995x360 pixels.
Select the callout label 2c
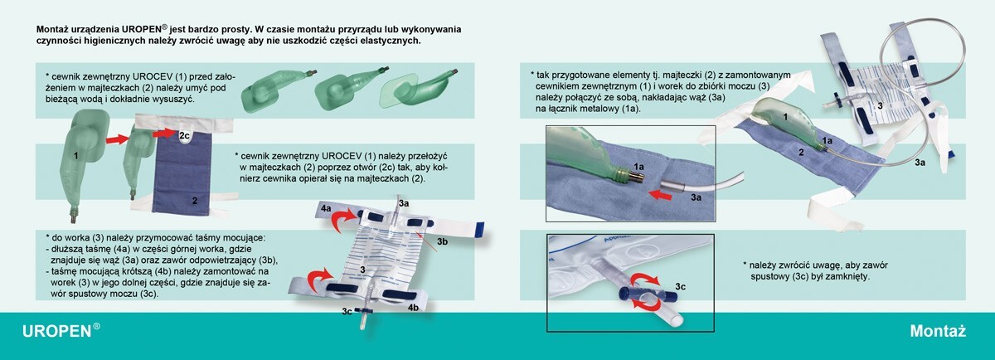click(185, 134)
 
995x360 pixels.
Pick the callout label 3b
click(443, 241)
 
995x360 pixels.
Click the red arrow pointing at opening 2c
click(165, 133)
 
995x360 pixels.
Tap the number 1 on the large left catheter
click(75, 154)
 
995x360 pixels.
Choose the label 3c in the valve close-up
click(679, 285)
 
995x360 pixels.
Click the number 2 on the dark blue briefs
click(194, 200)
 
